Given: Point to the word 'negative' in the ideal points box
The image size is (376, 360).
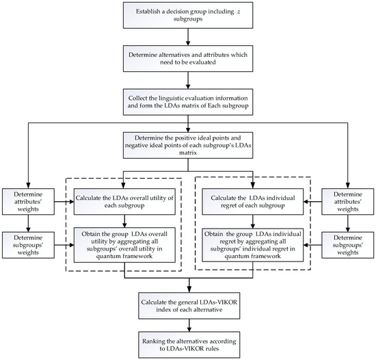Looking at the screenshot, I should pyautogui.click(x=157, y=142).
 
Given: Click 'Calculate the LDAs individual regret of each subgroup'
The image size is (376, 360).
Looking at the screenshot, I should pyautogui.click(x=253, y=202).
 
